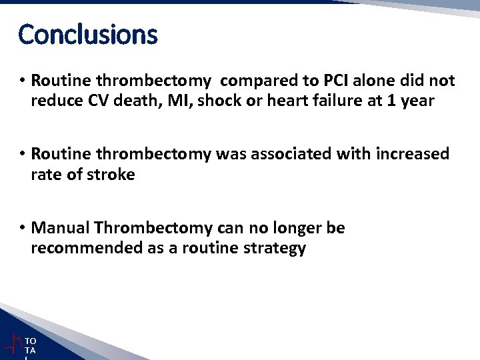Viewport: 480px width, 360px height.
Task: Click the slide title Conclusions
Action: click(88, 34)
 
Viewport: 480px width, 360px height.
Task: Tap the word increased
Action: click(413, 155)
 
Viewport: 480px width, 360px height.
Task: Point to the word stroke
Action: click(112, 175)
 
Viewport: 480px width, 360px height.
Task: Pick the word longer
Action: click(291, 228)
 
